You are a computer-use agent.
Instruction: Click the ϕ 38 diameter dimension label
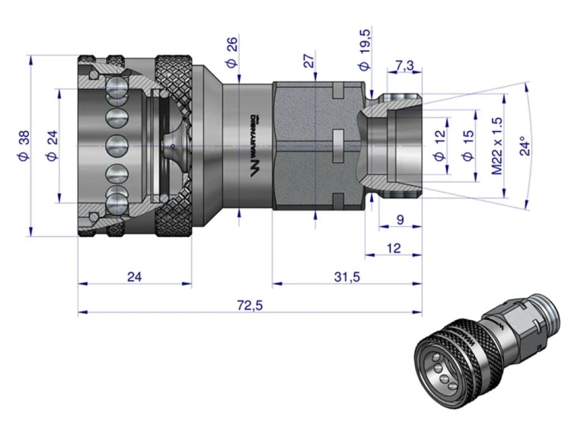click(24, 145)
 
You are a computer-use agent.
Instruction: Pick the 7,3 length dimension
click(404, 65)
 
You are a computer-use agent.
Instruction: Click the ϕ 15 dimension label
click(467, 145)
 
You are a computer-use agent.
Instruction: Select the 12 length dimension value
click(393, 248)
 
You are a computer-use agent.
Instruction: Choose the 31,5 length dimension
click(346, 276)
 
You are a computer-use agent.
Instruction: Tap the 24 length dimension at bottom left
click(134, 276)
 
